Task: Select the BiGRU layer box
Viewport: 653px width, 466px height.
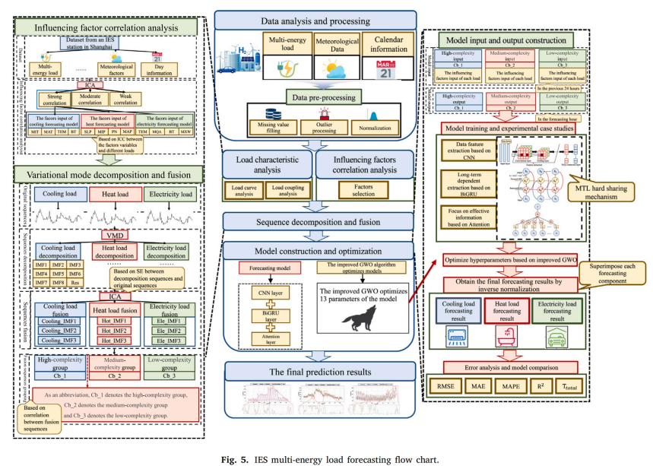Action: pyautogui.click(x=262, y=315)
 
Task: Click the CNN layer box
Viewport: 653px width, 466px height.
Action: pyautogui.click(x=262, y=291)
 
